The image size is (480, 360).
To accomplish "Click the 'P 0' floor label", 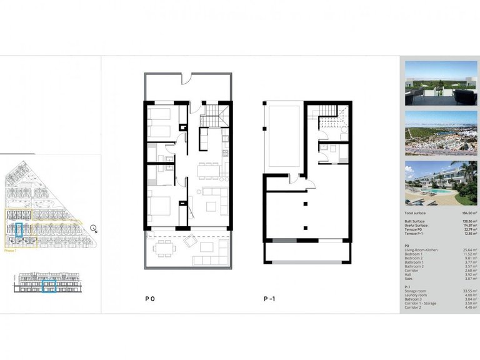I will pyautogui.click(x=150, y=299).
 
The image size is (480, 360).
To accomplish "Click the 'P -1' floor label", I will pyautogui.click(x=269, y=299).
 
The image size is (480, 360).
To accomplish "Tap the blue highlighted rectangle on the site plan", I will pyautogui.click(x=19, y=231).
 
